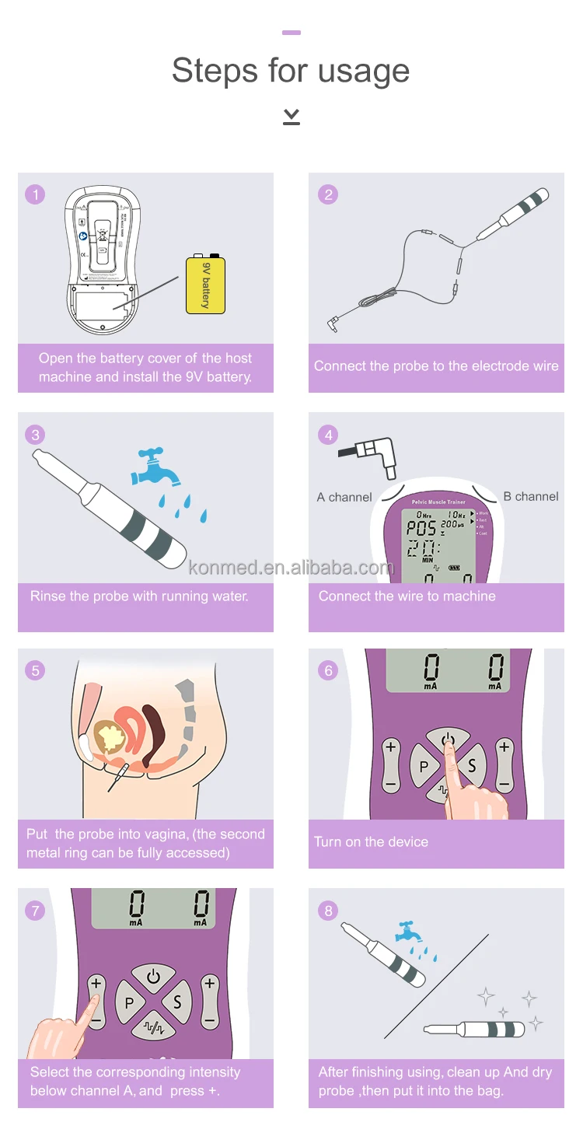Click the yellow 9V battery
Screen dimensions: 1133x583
[x=205, y=285]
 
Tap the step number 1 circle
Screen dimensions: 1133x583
[x=35, y=194]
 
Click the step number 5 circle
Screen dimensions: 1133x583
[x=35, y=670]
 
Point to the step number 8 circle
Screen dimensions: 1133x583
[x=328, y=910]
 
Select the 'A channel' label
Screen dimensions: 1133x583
[x=344, y=497]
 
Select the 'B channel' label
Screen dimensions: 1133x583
[x=531, y=496]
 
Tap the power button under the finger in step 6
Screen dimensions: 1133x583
[x=448, y=740]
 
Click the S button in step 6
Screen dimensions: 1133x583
[x=472, y=766]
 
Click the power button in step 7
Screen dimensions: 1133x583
[x=153, y=977]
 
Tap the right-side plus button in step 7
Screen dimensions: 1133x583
[x=210, y=984]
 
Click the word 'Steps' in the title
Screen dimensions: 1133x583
[x=214, y=71]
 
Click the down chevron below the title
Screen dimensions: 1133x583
[x=291, y=117]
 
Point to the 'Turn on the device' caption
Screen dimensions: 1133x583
[x=371, y=842]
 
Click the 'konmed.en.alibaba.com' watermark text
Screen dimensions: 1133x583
[x=291, y=567]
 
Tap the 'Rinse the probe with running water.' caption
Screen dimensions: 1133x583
[x=139, y=596]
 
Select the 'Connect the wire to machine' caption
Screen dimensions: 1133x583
[x=407, y=596]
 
